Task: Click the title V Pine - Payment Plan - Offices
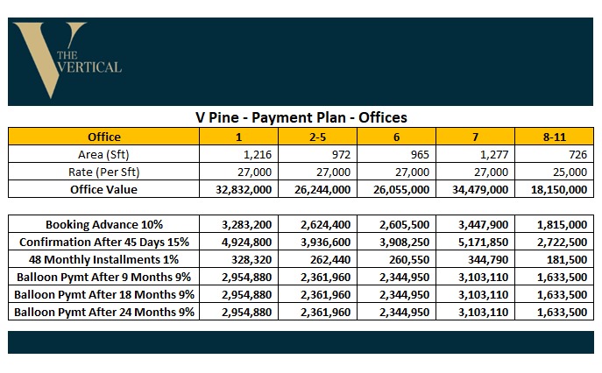click(301, 117)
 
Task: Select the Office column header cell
click(104, 137)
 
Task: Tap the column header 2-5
click(318, 137)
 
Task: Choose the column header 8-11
click(554, 137)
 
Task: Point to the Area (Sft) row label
click(104, 154)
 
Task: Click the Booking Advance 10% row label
click(104, 225)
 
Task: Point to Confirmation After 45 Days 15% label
click(104, 243)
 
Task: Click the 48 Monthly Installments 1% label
click(104, 260)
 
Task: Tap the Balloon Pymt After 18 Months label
click(104, 295)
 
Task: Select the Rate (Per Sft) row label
click(104, 172)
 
